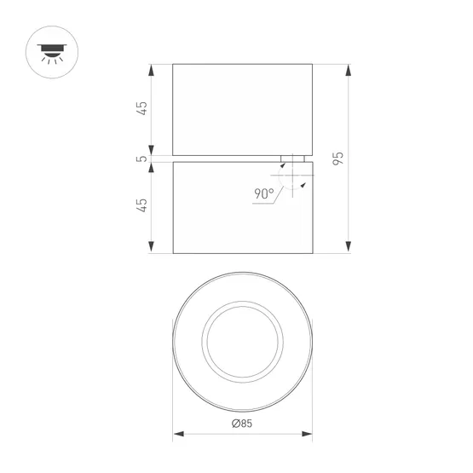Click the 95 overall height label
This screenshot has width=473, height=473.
point(338,158)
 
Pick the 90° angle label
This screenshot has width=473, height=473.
point(263,193)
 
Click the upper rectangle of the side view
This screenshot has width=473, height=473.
point(242,108)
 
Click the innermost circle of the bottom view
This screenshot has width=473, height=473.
point(242,341)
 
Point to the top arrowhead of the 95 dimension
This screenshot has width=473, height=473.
point(348,68)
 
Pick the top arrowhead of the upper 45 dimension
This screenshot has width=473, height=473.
point(152,68)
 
